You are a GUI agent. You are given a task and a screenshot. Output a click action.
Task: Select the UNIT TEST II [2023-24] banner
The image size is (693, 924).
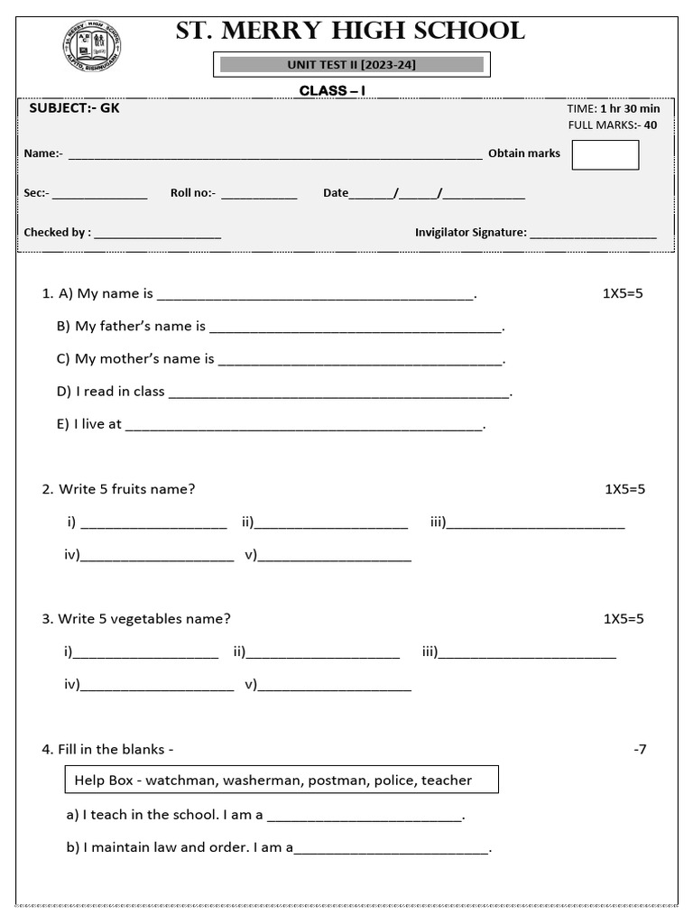351,65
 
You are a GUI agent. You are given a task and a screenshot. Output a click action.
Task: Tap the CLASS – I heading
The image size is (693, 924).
332,90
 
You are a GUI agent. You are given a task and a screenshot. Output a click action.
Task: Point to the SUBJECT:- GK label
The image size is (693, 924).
74,108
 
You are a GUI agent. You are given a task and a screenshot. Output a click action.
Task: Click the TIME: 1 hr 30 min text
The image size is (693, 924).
614,109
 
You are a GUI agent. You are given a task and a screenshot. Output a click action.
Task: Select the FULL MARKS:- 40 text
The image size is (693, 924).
613,125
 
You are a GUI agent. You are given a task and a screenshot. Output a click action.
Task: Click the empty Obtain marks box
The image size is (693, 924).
605,154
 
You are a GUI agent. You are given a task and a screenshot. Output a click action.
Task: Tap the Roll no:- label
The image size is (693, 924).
193,193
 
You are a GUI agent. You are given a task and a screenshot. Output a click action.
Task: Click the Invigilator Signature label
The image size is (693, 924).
470,233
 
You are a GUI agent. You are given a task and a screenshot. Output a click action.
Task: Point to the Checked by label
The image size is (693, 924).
57,233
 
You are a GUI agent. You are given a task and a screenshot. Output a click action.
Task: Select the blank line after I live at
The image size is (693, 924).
304,425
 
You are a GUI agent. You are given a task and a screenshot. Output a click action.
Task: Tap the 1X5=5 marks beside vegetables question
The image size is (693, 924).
624,619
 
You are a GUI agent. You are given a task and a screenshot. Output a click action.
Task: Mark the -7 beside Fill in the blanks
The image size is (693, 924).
640,749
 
